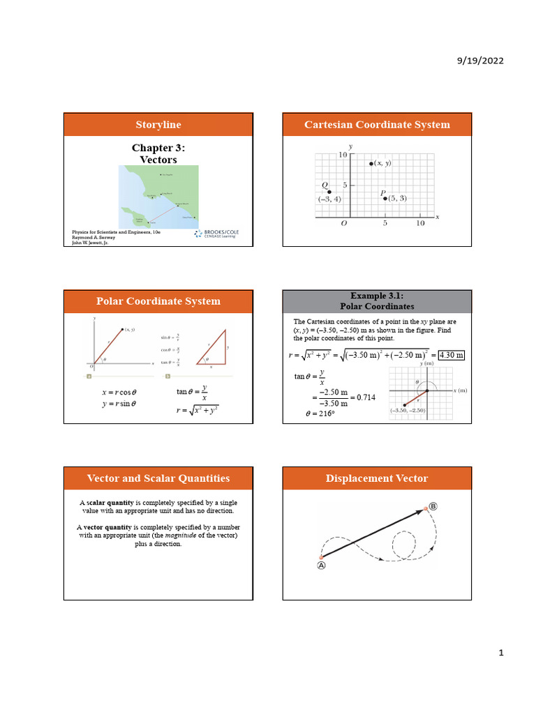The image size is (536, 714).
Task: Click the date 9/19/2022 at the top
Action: pyautogui.click(x=480, y=61)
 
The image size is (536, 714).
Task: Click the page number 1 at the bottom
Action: pyautogui.click(x=500, y=653)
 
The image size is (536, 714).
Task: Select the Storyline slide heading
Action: pyautogui.click(x=158, y=125)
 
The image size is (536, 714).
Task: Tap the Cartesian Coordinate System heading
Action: pyautogui.click(x=377, y=125)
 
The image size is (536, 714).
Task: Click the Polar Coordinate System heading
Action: pyautogui.click(x=158, y=301)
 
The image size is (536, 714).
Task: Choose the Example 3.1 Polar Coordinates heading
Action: pyautogui.click(x=377, y=301)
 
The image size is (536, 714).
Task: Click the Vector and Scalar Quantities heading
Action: pyautogui.click(x=158, y=478)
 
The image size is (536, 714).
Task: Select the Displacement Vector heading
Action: pyautogui.click(x=377, y=478)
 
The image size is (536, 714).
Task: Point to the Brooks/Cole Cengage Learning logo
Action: pyautogui.click(x=216, y=234)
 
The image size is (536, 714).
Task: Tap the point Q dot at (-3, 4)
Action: pyautogui.click(x=329, y=192)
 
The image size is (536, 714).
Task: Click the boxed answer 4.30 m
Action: pyautogui.click(x=451, y=356)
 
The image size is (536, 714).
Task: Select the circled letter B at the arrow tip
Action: pyautogui.click(x=433, y=506)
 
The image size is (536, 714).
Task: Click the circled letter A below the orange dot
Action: pyautogui.click(x=322, y=566)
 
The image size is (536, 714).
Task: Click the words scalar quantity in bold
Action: pyautogui.click(x=110, y=503)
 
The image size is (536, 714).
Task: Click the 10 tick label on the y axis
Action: pyautogui.click(x=343, y=155)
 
